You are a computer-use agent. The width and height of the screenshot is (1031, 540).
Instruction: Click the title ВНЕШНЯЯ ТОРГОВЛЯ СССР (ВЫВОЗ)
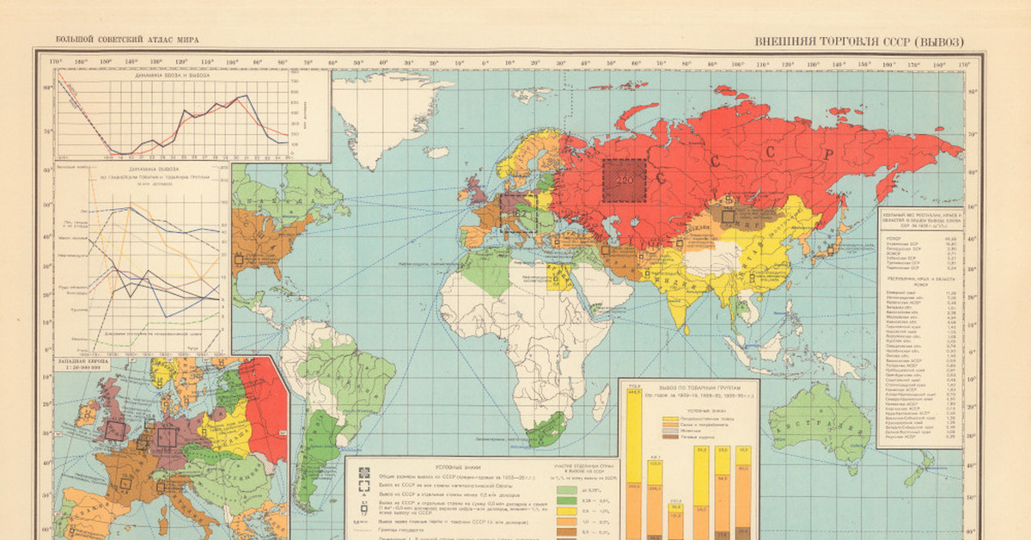click(x=858, y=40)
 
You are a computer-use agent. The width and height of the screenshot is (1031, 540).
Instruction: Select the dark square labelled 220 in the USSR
click(x=623, y=180)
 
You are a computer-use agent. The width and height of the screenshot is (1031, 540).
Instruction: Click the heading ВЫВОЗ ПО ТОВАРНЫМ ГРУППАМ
click(x=686, y=388)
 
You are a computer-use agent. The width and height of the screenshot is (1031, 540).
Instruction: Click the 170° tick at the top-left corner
click(x=56, y=63)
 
